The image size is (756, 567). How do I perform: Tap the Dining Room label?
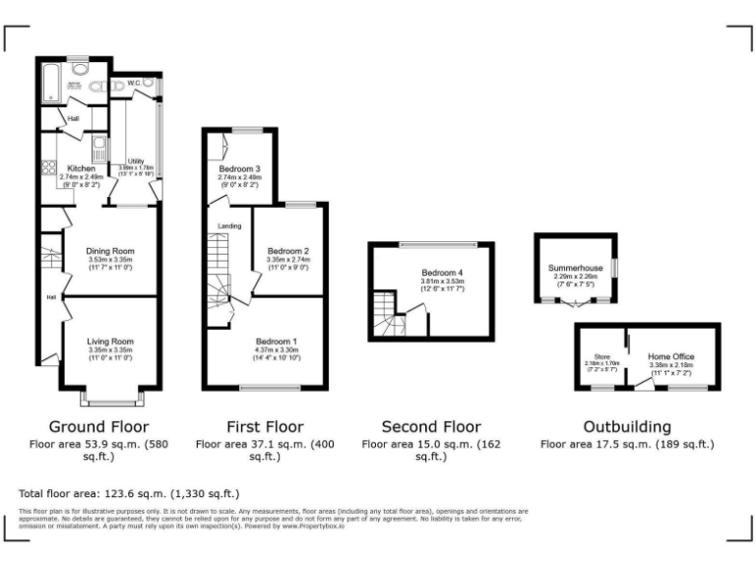click(110, 251)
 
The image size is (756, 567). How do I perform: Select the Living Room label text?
click(110, 340)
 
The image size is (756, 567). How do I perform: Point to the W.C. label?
click(135, 84)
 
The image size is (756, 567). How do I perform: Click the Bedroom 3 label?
click(239, 169)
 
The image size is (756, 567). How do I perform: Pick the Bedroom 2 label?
click(289, 251)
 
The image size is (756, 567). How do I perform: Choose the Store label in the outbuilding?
click(602, 356)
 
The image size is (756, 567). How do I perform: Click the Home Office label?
click(670, 356)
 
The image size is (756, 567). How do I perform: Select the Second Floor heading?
click(431, 426)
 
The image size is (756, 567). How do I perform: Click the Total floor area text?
click(129, 492)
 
